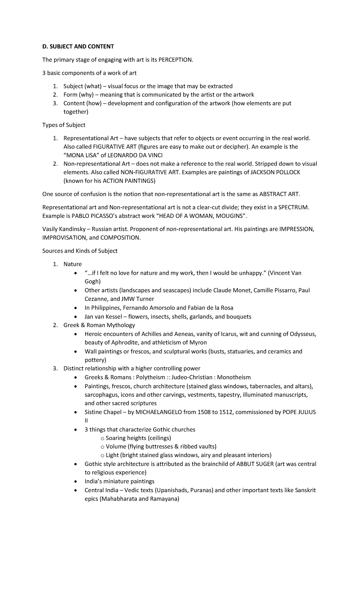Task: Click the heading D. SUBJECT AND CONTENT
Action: (78, 47)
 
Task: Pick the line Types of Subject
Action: (64, 125)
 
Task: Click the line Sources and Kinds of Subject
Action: (80, 251)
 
